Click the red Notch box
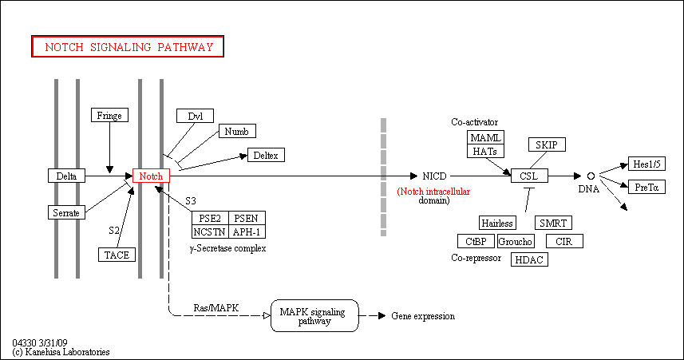[151, 176]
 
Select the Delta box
[66, 176]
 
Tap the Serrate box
[66, 212]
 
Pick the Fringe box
[109, 116]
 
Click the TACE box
[117, 255]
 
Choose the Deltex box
[266, 155]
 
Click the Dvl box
[196, 116]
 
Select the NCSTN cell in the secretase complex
[209, 231]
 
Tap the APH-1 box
[247, 231]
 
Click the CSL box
[529, 176]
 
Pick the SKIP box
[547, 144]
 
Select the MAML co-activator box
[485, 138]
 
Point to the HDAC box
[527, 259]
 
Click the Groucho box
[516, 241]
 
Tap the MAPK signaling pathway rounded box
[314, 316]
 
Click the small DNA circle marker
[591, 176]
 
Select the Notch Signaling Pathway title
[128, 47]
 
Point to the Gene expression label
[423, 316]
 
